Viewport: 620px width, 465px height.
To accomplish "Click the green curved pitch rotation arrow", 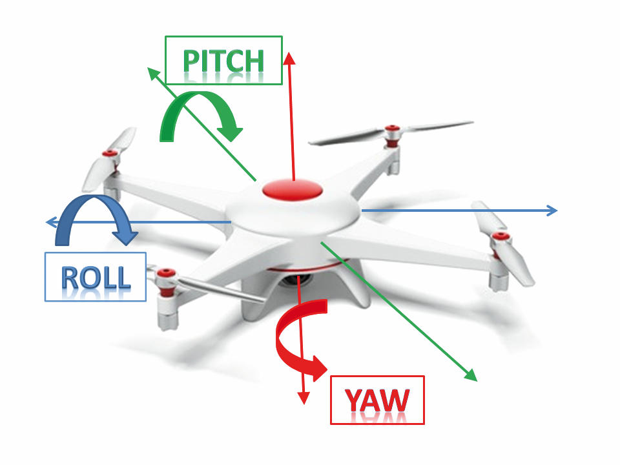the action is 198,97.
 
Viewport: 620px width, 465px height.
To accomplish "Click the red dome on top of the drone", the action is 293,189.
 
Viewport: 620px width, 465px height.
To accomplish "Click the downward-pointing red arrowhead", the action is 304,398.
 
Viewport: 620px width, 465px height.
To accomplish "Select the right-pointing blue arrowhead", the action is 552,211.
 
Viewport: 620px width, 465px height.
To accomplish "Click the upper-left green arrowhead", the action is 154,74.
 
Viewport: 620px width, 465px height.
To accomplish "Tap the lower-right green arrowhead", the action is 471,375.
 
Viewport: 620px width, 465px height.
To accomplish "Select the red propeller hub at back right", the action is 391,129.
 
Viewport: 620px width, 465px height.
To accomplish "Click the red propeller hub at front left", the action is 166,273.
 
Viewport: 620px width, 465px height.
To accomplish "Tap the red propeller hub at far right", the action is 500,236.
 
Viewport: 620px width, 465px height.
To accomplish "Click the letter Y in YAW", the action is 353,400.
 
